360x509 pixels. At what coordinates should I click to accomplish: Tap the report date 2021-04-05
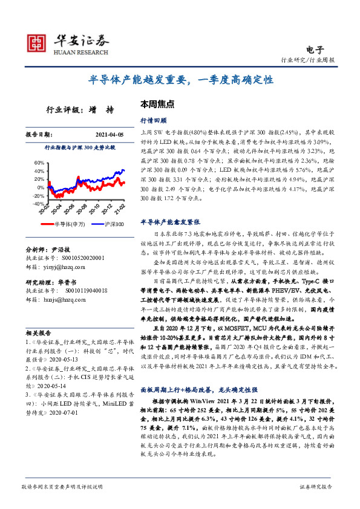tap(110, 135)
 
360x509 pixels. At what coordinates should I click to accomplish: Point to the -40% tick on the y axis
tap(37, 204)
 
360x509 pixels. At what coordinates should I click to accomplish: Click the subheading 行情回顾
tap(151, 120)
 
